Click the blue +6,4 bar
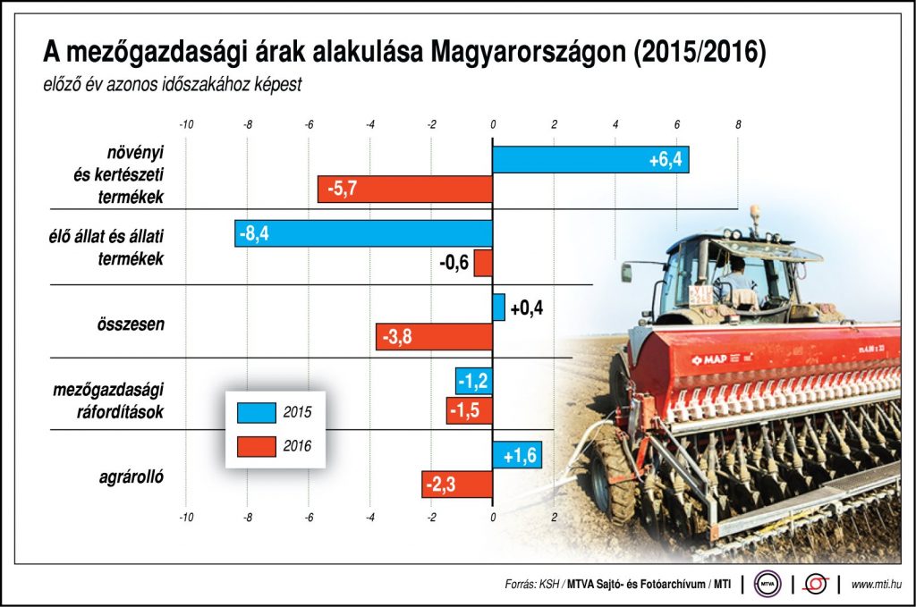[x=590, y=160]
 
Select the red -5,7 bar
[x=405, y=189]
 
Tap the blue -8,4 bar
[x=363, y=234]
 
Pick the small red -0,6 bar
[x=483, y=263]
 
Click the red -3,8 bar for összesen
[x=434, y=337]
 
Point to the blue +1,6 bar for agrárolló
[x=517, y=455]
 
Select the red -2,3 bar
[x=457, y=485]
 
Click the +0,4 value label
[x=527, y=308]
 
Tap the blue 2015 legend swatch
[x=257, y=412]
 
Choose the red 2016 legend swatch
[x=257, y=444]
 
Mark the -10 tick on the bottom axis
[x=186, y=517]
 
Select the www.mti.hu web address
[x=875, y=585]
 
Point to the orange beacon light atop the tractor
[x=755, y=213]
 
